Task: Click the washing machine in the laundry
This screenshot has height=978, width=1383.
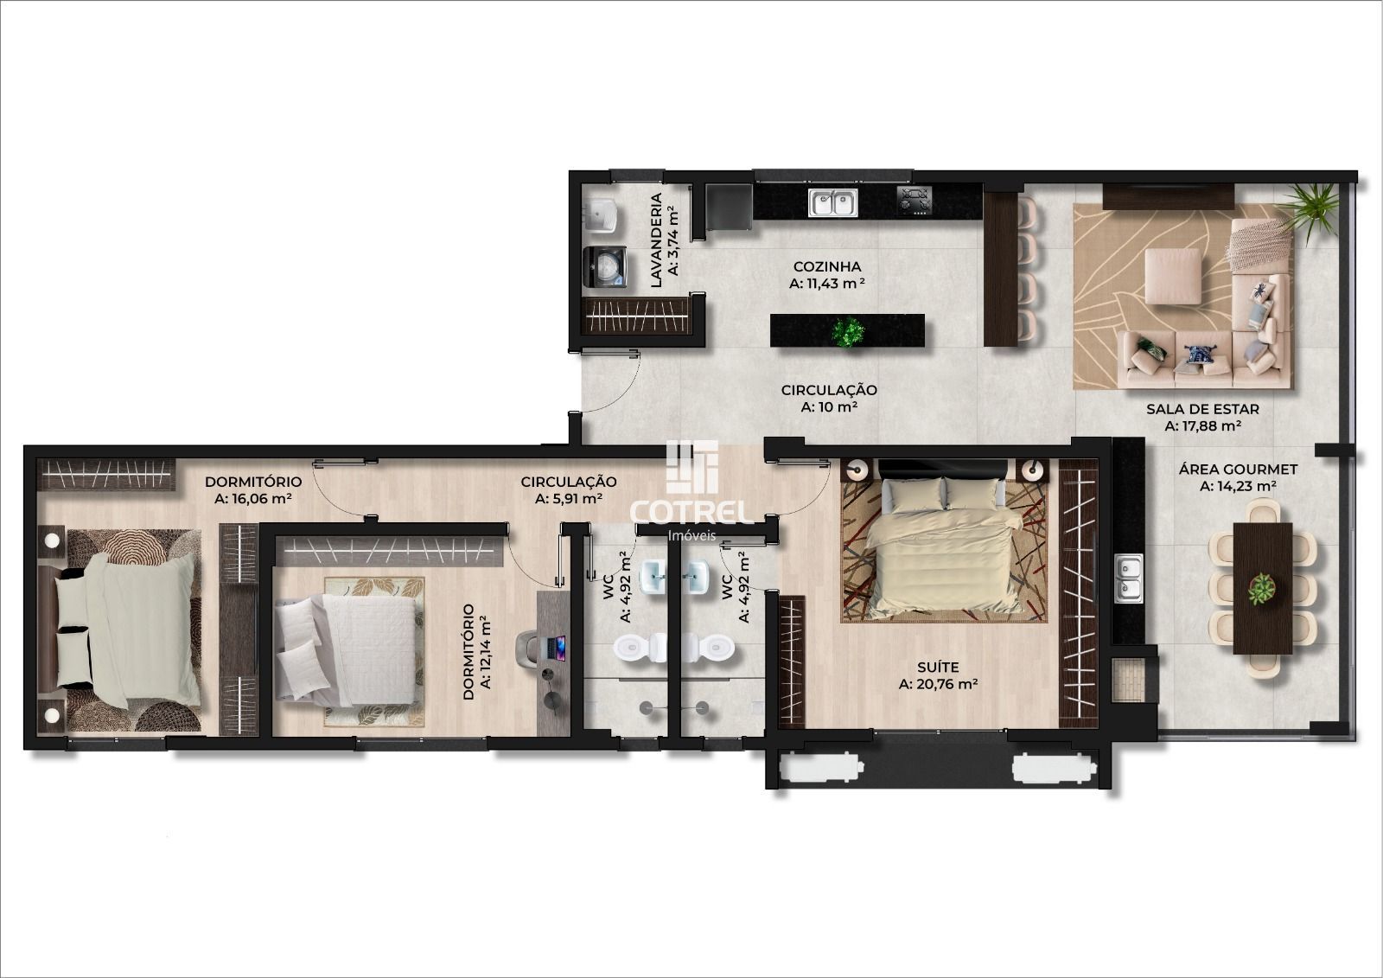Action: tap(605, 266)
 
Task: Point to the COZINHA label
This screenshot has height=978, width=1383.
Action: tap(826, 266)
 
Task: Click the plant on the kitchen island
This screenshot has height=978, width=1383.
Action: tap(848, 332)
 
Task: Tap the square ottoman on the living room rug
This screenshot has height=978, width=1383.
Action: tap(1173, 276)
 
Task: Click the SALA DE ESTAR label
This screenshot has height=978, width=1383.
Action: tap(1202, 408)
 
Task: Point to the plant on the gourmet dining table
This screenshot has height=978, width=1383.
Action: tap(1262, 589)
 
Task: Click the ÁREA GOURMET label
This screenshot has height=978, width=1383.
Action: tap(1238, 469)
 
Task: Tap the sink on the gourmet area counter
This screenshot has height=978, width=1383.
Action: tap(1128, 577)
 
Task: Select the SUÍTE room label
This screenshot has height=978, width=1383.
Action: tap(938, 668)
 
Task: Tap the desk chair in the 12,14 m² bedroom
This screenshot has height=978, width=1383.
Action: tap(528, 649)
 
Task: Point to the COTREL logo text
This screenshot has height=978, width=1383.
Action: tap(691, 512)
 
